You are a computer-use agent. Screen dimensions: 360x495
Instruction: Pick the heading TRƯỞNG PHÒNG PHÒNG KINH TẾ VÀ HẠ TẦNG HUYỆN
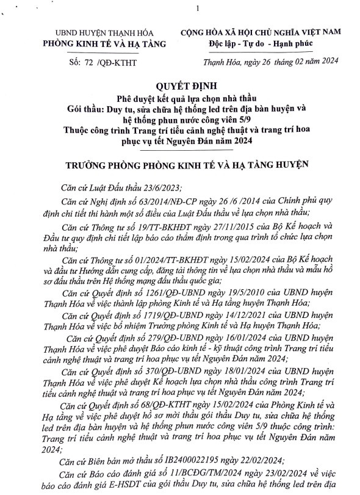click(180, 164)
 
